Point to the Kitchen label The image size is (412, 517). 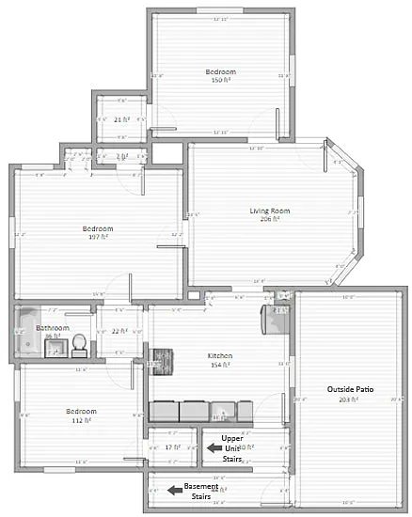pyautogui.click(x=219, y=355)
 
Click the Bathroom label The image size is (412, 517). pyautogui.click(x=54, y=329)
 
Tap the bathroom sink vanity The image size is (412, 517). pyautogui.click(x=56, y=351)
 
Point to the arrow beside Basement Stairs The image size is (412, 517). pyautogui.click(x=174, y=489)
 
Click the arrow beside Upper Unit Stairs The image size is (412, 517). pyautogui.click(x=214, y=448)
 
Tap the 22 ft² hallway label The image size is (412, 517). pyautogui.click(x=119, y=331)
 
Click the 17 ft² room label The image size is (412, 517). pyautogui.click(x=171, y=447)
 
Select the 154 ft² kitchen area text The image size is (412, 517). pyautogui.click(x=219, y=364)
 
